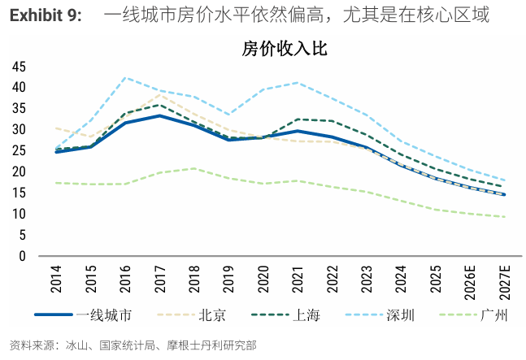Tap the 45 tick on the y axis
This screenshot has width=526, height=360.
pyautogui.click(x=19, y=67)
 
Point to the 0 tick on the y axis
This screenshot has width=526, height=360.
pyautogui.click(x=22, y=256)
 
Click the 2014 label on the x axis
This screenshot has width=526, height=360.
pyautogui.click(x=56, y=281)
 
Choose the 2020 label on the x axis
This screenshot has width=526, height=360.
pyautogui.click(x=263, y=281)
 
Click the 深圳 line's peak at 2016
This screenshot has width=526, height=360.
pyautogui.click(x=125, y=78)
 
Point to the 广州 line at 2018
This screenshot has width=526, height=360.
pyautogui.click(x=193, y=168)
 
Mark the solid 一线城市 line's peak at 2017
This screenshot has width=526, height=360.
pyautogui.click(x=159, y=115)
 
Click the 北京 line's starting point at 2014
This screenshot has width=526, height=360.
pyautogui.click(x=56, y=128)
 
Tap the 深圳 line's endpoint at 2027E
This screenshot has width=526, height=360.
pyautogui.click(x=504, y=180)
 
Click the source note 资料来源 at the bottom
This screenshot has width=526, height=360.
pyautogui.click(x=33, y=345)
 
